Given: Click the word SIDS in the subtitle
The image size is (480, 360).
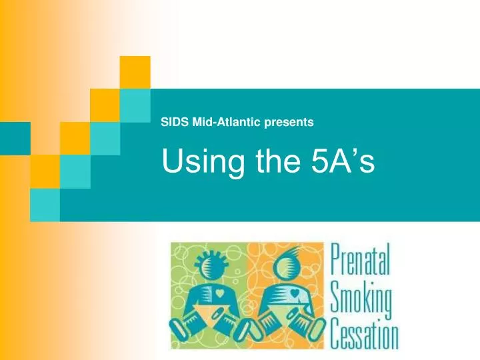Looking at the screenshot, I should click(173, 122).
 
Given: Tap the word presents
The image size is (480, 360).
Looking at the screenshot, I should click(286, 122).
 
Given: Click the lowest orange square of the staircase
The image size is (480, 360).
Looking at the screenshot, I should click(44, 171).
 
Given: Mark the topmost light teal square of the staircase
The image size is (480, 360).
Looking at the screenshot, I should click(136, 104).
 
